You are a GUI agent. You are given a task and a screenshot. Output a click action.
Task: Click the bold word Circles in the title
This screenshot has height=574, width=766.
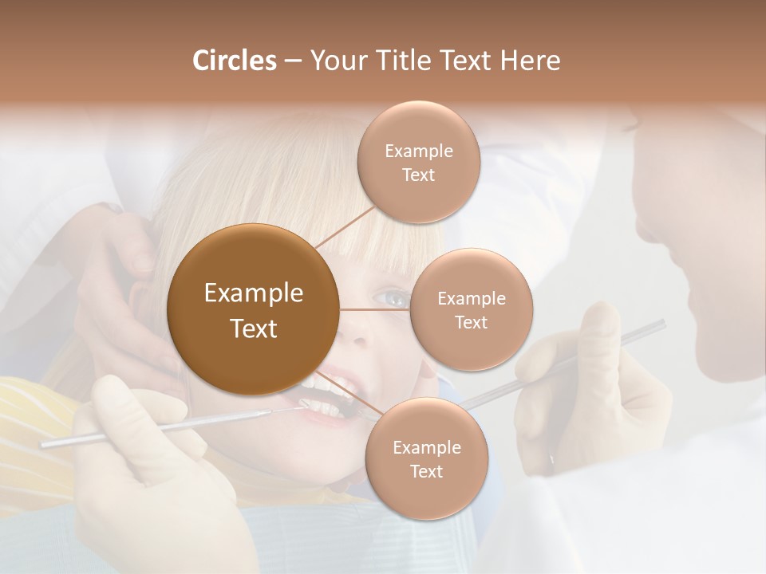(x=234, y=61)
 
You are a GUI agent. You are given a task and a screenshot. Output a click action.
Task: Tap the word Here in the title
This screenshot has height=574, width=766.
(x=530, y=61)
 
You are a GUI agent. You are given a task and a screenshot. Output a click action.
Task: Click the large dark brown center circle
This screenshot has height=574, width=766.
(x=254, y=310)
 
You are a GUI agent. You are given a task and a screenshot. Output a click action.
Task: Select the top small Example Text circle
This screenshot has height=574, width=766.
(x=418, y=163)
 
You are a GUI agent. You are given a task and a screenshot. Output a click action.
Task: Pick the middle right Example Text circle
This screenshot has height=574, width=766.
(x=471, y=310)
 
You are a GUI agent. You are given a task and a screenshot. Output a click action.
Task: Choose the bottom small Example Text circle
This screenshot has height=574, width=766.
(x=426, y=459)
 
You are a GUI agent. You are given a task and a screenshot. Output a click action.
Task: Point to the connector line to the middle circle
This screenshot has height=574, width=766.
(x=375, y=309)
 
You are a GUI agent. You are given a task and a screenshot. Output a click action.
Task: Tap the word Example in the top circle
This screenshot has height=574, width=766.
(x=418, y=151)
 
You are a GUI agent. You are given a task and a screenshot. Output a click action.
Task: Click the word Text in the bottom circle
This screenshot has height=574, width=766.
(x=426, y=471)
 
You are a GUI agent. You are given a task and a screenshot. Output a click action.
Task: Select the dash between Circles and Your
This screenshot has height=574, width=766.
(x=292, y=61)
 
